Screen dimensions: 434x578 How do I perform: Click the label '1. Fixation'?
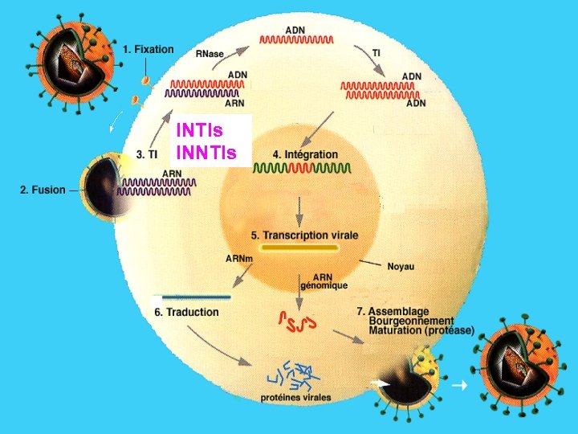tap(148, 49)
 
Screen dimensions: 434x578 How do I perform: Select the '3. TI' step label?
tap(145, 155)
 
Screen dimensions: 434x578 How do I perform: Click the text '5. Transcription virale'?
tap(304, 235)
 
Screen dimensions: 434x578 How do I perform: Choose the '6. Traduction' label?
tap(186, 312)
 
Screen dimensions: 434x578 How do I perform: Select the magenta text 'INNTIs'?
tap(206, 151)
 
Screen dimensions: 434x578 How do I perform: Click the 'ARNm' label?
tap(238, 258)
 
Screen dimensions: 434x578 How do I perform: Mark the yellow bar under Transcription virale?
tap(300, 249)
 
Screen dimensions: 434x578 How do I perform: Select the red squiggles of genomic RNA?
tap(297, 321)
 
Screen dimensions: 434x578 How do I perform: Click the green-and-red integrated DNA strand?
tap(302, 169)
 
